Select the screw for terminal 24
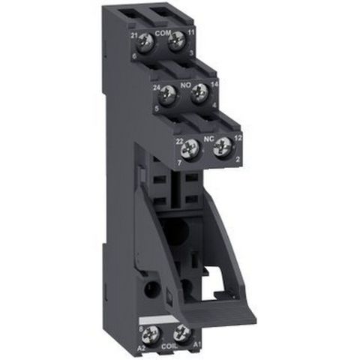click(168, 95)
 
